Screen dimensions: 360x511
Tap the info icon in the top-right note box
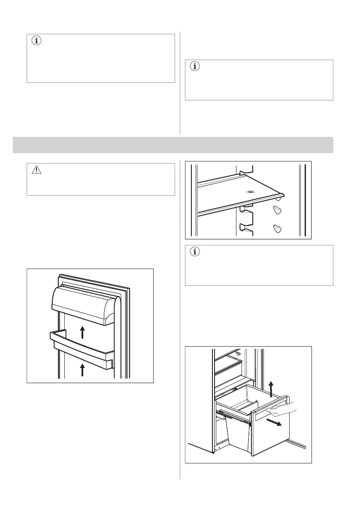coord(195,67)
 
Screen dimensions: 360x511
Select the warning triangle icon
coord(36,170)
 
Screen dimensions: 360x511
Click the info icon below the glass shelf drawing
coord(195,252)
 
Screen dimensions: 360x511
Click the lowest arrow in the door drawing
coord(83,370)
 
